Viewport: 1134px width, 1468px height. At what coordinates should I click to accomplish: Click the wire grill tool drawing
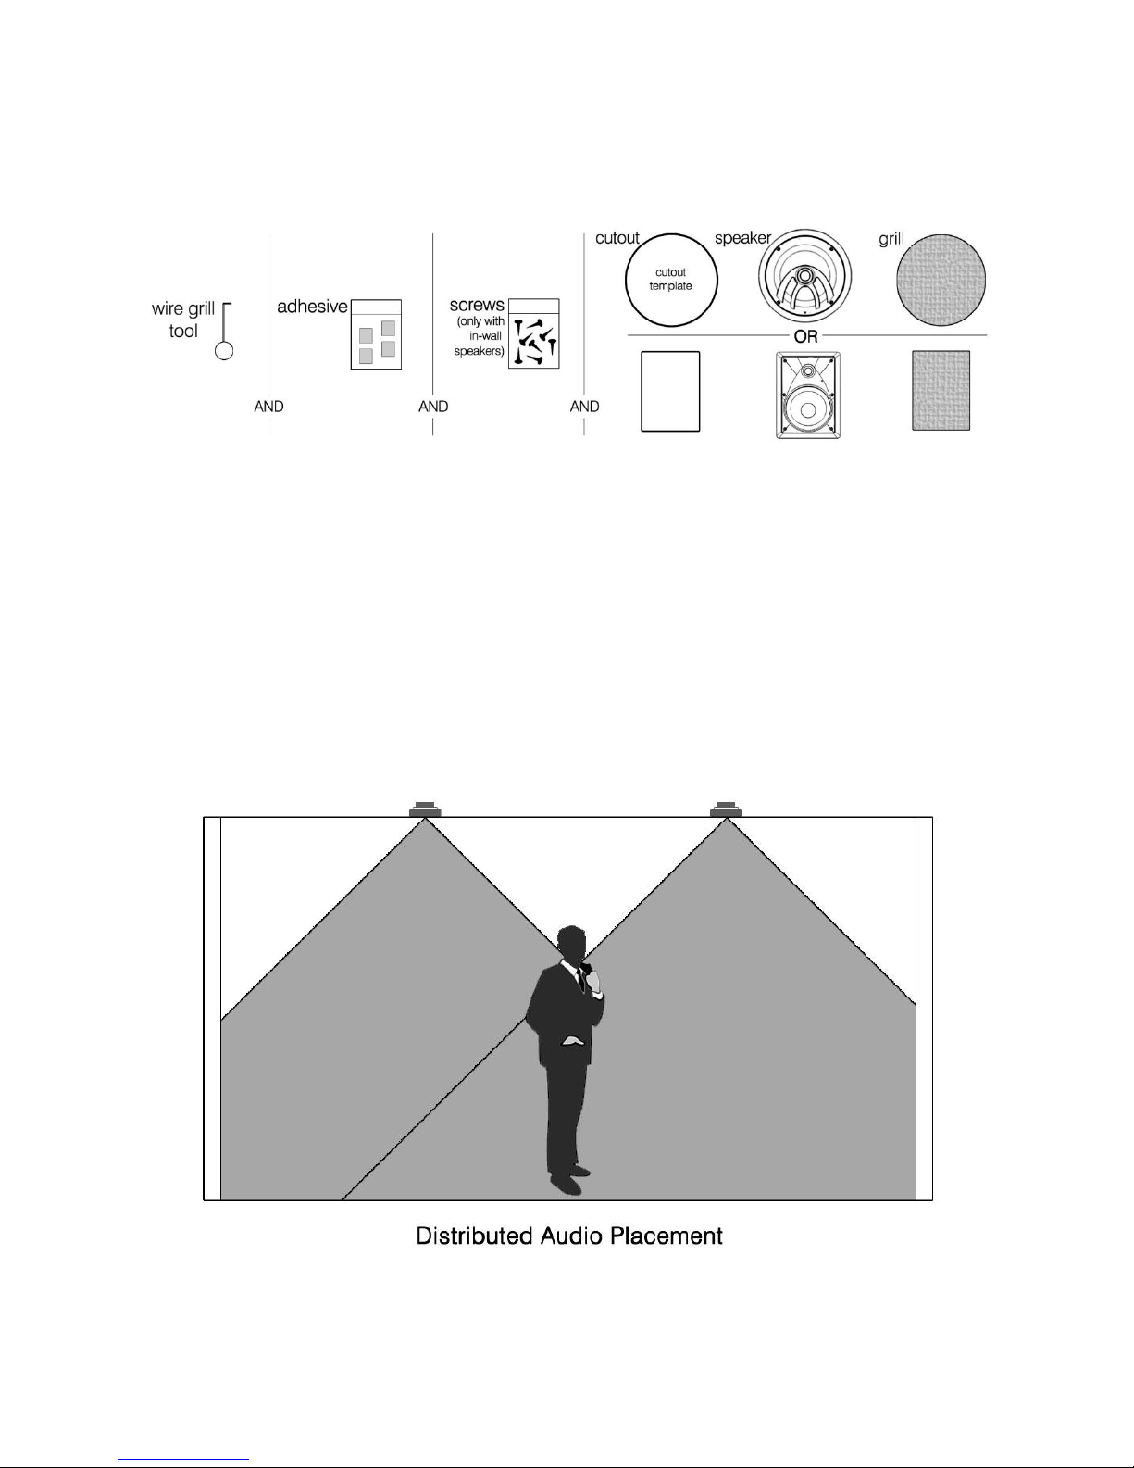click(x=225, y=331)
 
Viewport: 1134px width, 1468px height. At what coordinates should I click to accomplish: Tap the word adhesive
click(x=312, y=307)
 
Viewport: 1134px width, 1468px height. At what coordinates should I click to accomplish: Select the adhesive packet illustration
click(x=376, y=334)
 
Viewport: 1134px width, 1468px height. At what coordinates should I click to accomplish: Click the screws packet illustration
click(x=533, y=333)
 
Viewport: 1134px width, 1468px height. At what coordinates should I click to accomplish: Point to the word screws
click(x=477, y=305)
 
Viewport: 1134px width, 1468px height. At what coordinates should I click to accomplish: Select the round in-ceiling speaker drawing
click(x=804, y=276)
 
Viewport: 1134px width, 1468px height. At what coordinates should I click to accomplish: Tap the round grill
click(x=941, y=280)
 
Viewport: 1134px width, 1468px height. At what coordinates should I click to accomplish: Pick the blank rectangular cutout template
click(x=670, y=391)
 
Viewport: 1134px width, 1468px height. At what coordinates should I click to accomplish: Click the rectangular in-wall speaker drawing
click(x=808, y=395)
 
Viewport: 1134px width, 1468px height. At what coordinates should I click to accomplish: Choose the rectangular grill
click(x=941, y=391)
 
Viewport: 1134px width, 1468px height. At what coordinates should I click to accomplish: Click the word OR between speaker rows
click(x=806, y=336)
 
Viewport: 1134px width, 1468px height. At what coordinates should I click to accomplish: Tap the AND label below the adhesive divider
click(x=268, y=407)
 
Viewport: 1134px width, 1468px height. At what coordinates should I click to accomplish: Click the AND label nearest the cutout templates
click(x=584, y=407)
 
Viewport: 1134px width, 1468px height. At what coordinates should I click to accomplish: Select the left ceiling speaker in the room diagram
click(x=425, y=809)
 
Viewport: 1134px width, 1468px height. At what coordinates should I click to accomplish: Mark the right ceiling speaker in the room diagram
click(x=727, y=809)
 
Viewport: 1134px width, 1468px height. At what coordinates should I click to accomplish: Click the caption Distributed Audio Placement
click(x=569, y=1236)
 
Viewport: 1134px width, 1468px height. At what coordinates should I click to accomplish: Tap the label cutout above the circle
click(x=617, y=238)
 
